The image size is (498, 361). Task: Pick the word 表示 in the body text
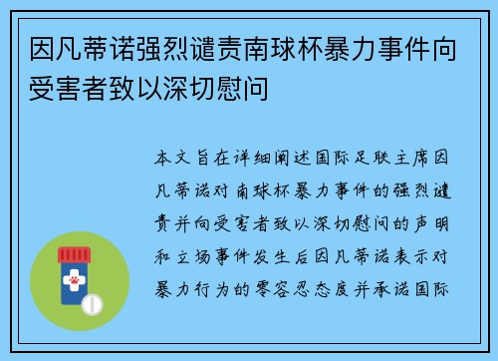pos(409,242)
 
